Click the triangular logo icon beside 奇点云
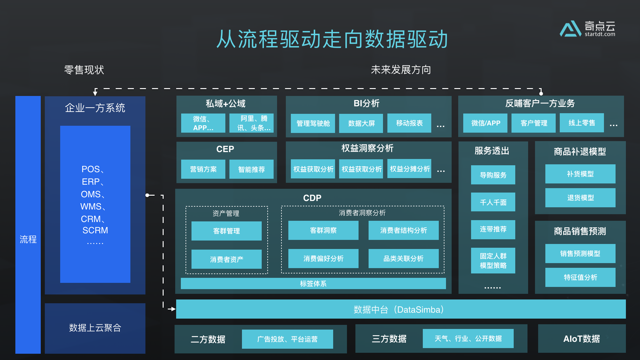[570, 29]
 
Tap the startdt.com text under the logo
[600, 34]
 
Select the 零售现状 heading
[84, 70]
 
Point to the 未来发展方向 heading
[401, 70]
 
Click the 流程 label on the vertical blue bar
[28, 239]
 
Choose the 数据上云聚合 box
[95, 328]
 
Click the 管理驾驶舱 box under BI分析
[313, 123]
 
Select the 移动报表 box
[409, 123]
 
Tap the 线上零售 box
[582, 123]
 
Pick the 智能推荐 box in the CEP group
[251, 169]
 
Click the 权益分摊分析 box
[409, 169]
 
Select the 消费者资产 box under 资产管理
[226, 259]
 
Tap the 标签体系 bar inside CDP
[313, 283]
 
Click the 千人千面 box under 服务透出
[493, 202]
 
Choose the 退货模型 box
[580, 198]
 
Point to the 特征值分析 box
[580, 277]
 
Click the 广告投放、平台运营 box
[287, 339]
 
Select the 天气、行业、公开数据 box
[468, 339]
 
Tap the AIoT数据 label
[581, 339]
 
